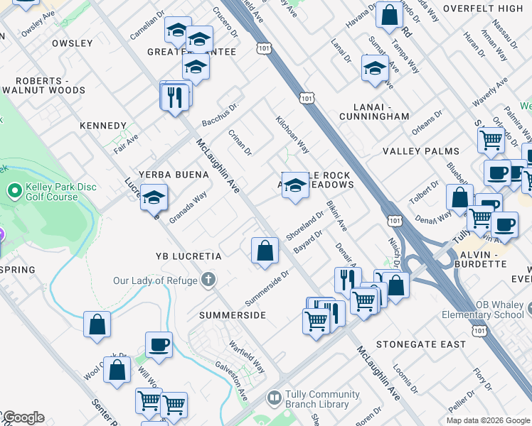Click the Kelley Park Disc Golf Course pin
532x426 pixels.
14,191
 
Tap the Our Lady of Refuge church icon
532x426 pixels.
208,280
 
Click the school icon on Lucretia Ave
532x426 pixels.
153,198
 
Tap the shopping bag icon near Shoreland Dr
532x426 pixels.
265,251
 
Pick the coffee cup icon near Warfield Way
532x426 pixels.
159,345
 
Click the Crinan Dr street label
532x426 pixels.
240,142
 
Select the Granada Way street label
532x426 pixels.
188,207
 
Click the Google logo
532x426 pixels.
23,417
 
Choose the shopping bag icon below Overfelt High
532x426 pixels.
389,16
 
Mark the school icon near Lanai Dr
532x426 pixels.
375,69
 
